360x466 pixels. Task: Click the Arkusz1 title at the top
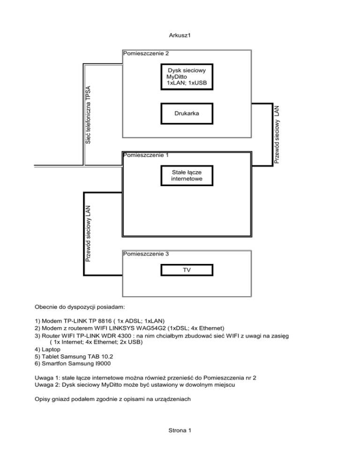(180, 35)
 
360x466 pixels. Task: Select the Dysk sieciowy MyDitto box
(187, 77)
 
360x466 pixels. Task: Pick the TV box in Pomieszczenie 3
(187, 271)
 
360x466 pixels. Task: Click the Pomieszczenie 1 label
(145, 154)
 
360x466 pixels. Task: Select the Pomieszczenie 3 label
(145, 254)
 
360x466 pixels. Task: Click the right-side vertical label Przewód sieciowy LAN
(277, 135)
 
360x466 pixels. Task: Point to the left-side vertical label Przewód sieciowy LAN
(88, 233)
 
